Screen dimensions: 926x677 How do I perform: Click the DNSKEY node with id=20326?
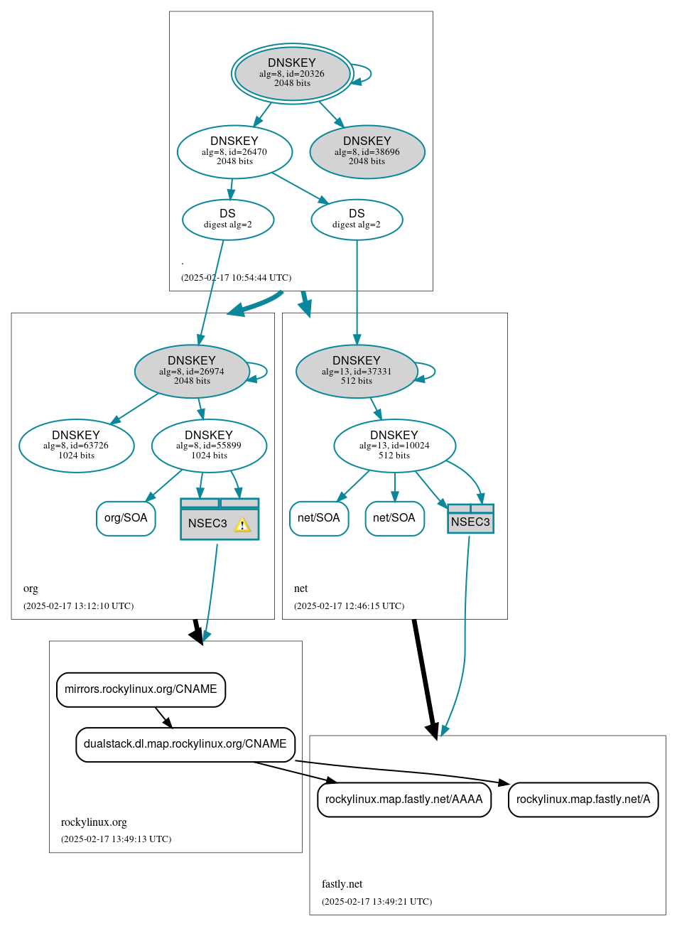pyautogui.click(x=292, y=73)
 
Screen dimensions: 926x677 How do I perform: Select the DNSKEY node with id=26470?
pyautogui.click(x=234, y=151)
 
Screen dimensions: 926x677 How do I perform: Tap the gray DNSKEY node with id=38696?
pyautogui.click(x=367, y=151)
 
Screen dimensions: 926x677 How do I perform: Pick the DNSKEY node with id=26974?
pyautogui.click(x=192, y=371)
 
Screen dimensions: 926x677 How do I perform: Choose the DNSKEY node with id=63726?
pyautogui.click(x=76, y=446)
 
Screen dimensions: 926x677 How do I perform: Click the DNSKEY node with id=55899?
pyautogui.click(x=209, y=446)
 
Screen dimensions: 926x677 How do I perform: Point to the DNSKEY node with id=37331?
pyautogui.click(x=357, y=371)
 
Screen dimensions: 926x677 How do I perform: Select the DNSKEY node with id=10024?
pyautogui.click(x=394, y=446)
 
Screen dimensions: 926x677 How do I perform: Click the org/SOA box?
pyautogui.click(x=126, y=518)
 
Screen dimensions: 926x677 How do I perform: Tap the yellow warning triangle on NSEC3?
pyautogui.click(x=242, y=525)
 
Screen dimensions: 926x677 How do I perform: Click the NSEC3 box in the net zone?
pyautogui.click(x=470, y=519)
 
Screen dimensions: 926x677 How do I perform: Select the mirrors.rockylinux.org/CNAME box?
pyautogui.click(x=141, y=689)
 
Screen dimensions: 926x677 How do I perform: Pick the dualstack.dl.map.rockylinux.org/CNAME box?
pyautogui.click(x=185, y=744)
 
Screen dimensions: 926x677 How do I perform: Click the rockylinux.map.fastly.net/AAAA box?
pyautogui.click(x=404, y=800)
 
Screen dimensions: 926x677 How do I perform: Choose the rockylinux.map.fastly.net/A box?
pyautogui.click(x=583, y=800)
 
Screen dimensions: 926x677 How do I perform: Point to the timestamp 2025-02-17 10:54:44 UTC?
pyautogui.click(x=236, y=278)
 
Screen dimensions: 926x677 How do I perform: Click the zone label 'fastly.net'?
pyautogui.click(x=342, y=884)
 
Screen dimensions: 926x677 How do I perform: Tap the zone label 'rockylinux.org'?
pyautogui.click(x=94, y=822)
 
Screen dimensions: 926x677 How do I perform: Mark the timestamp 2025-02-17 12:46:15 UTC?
pyautogui.click(x=349, y=606)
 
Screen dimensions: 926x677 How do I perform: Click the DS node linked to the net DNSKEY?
pyautogui.click(x=357, y=220)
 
